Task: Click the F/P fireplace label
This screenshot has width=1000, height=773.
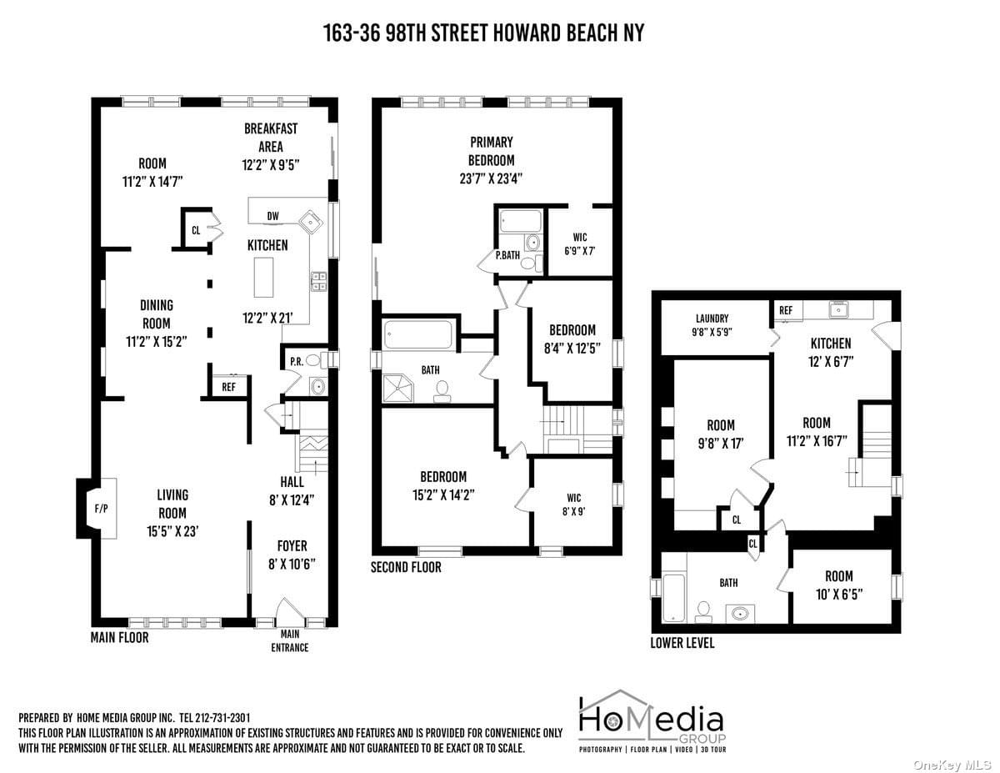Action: [x=101, y=509]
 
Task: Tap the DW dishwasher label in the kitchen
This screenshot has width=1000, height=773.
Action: [x=272, y=216]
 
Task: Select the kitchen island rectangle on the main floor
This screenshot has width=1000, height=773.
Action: [x=263, y=278]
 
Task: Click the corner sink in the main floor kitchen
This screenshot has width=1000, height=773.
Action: [x=312, y=223]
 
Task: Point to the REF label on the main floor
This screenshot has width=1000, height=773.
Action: [x=228, y=387]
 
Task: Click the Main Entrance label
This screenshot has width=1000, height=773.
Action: [x=290, y=641]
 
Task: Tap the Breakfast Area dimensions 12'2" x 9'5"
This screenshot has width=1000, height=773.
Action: [x=271, y=165]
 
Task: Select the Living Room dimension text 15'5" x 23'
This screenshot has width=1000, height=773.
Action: [x=172, y=531]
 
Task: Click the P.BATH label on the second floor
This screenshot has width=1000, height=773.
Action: [x=507, y=255]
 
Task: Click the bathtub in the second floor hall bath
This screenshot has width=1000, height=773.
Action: [x=418, y=334]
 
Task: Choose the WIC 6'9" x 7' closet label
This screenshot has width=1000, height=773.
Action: [x=580, y=244]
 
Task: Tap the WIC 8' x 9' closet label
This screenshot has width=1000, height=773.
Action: [x=574, y=504]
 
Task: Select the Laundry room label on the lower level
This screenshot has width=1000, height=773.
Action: [x=712, y=325]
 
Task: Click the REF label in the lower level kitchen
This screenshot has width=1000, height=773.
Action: [x=786, y=310]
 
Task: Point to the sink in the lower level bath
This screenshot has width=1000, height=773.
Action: [x=740, y=614]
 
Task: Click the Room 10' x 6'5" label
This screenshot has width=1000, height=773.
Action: [x=839, y=585]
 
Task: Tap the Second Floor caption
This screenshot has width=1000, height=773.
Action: [x=406, y=567]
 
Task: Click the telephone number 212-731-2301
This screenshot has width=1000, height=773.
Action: [x=222, y=718]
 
